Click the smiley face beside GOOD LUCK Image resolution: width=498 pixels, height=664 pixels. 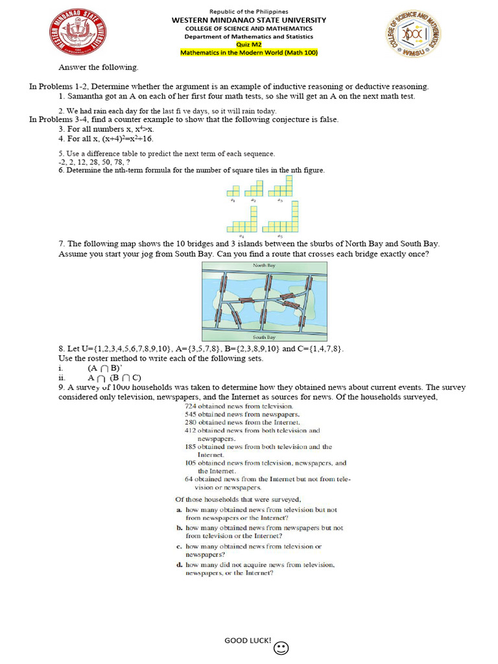pyautogui.click(x=281, y=648)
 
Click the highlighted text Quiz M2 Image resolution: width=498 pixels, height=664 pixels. pyautogui.click(x=249, y=45)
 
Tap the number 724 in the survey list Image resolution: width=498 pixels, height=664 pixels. pyautogui.click(x=190, y=405)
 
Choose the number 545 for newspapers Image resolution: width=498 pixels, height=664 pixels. pyautogui.click(x=190, y=414)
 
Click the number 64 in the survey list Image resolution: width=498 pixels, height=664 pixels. pyautogui.click(x=189, y=479)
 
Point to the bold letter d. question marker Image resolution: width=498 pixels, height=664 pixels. pyautogui.click(x=179, y=565)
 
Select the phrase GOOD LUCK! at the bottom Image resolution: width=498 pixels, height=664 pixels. pyautogui.click(x=248, y=641)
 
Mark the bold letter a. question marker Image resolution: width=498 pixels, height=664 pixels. pyautogui.click(x=179, y=510)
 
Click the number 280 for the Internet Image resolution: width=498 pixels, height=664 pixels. pyautogui.click(x=190, y=422)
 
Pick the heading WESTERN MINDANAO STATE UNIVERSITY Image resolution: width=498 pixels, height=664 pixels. pyautogui.click(x=249, y=20)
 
